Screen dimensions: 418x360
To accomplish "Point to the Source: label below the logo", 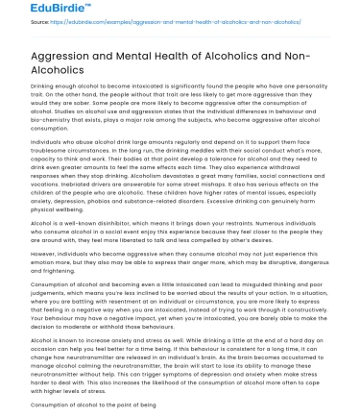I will pyautogui.click(x=15, y=26).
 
